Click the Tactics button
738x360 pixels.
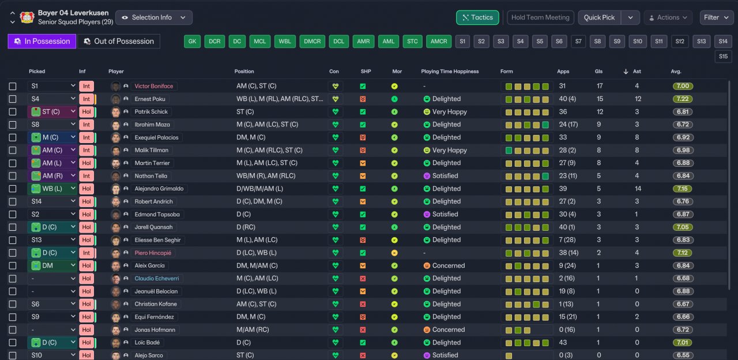477,17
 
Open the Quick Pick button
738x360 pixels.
600,17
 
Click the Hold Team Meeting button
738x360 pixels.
540,17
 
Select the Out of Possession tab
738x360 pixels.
118,42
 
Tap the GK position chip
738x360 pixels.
193,42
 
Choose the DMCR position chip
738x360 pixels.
312,42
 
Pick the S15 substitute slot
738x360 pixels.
723,57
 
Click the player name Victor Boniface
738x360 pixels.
153,87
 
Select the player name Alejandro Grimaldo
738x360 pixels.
159,189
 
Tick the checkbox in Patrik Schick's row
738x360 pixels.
13,112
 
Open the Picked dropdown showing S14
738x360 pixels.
52,201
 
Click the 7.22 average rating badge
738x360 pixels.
683,99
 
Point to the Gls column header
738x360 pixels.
598,72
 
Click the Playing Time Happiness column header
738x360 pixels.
450,72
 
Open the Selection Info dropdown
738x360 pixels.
154,17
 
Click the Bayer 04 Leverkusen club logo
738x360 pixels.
26,17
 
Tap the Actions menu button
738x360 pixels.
668,17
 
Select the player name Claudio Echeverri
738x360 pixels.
157,278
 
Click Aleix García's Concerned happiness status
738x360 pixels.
448,265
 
